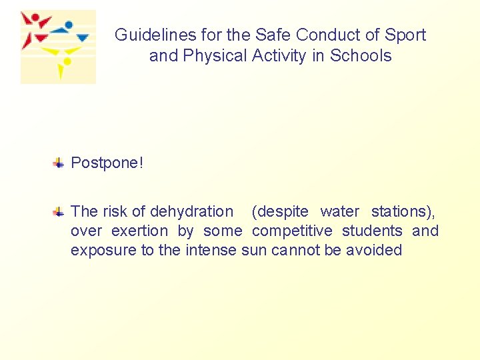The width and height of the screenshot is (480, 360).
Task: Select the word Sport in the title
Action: [x=405, y=35]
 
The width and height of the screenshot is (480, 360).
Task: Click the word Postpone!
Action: [x=107, y=163]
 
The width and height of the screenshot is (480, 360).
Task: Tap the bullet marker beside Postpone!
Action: [x=59, y=163]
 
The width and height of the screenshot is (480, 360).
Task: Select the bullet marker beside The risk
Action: [x=59, y=212]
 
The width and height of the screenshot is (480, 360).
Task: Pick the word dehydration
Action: [x=192, y=212]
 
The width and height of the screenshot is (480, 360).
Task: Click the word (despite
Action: [x=280, y=212]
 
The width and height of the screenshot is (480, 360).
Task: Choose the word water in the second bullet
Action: [x=339, y=212]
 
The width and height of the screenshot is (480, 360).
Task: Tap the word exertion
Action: [x=140, y=231]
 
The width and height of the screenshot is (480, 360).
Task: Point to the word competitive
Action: [x=292, y=231]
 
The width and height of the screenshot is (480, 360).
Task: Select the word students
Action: [x=372, y=231]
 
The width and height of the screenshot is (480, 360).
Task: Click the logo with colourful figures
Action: [x=58, y=47]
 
